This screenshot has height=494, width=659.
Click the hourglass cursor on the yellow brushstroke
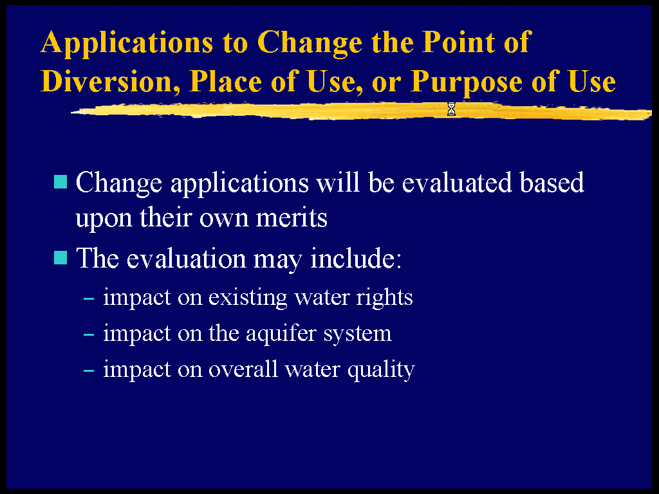451,109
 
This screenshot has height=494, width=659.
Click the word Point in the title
458,42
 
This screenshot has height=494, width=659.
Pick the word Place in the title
225,80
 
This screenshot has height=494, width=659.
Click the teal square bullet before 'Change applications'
60,182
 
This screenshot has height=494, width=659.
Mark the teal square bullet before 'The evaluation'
60,258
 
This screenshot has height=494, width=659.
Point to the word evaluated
457,183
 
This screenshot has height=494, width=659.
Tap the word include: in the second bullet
356,258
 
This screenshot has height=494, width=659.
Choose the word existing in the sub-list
248,298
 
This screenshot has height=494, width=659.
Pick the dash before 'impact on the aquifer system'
89,334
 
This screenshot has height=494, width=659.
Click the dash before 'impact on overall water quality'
89,371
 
